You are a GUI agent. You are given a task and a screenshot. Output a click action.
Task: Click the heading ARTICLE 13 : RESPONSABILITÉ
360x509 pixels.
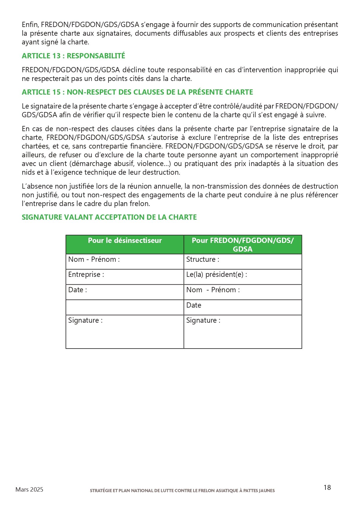[73, 56]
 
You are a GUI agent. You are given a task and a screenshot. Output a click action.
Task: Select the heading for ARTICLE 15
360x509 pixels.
[137, 92]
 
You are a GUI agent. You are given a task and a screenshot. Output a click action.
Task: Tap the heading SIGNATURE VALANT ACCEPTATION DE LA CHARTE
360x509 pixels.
[109, 217]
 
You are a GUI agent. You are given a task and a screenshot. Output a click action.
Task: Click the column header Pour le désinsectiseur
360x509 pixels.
[125, 241]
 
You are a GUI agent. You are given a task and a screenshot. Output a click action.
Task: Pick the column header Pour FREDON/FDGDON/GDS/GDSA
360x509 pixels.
[243, 245]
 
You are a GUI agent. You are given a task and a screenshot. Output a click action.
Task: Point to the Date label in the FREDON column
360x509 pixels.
[194, 305]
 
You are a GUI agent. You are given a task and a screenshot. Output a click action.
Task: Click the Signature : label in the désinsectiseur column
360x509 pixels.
[85, 320]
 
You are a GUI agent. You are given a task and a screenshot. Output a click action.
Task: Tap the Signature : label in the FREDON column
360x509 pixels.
[203, 320]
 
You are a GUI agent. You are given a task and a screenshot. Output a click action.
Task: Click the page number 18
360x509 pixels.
[327, 488]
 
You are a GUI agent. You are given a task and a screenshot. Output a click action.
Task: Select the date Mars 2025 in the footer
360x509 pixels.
[29, 490]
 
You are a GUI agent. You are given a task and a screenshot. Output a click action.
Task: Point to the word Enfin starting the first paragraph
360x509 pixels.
[30, 25]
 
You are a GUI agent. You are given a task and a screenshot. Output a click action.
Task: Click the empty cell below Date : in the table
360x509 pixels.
[125, 307]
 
